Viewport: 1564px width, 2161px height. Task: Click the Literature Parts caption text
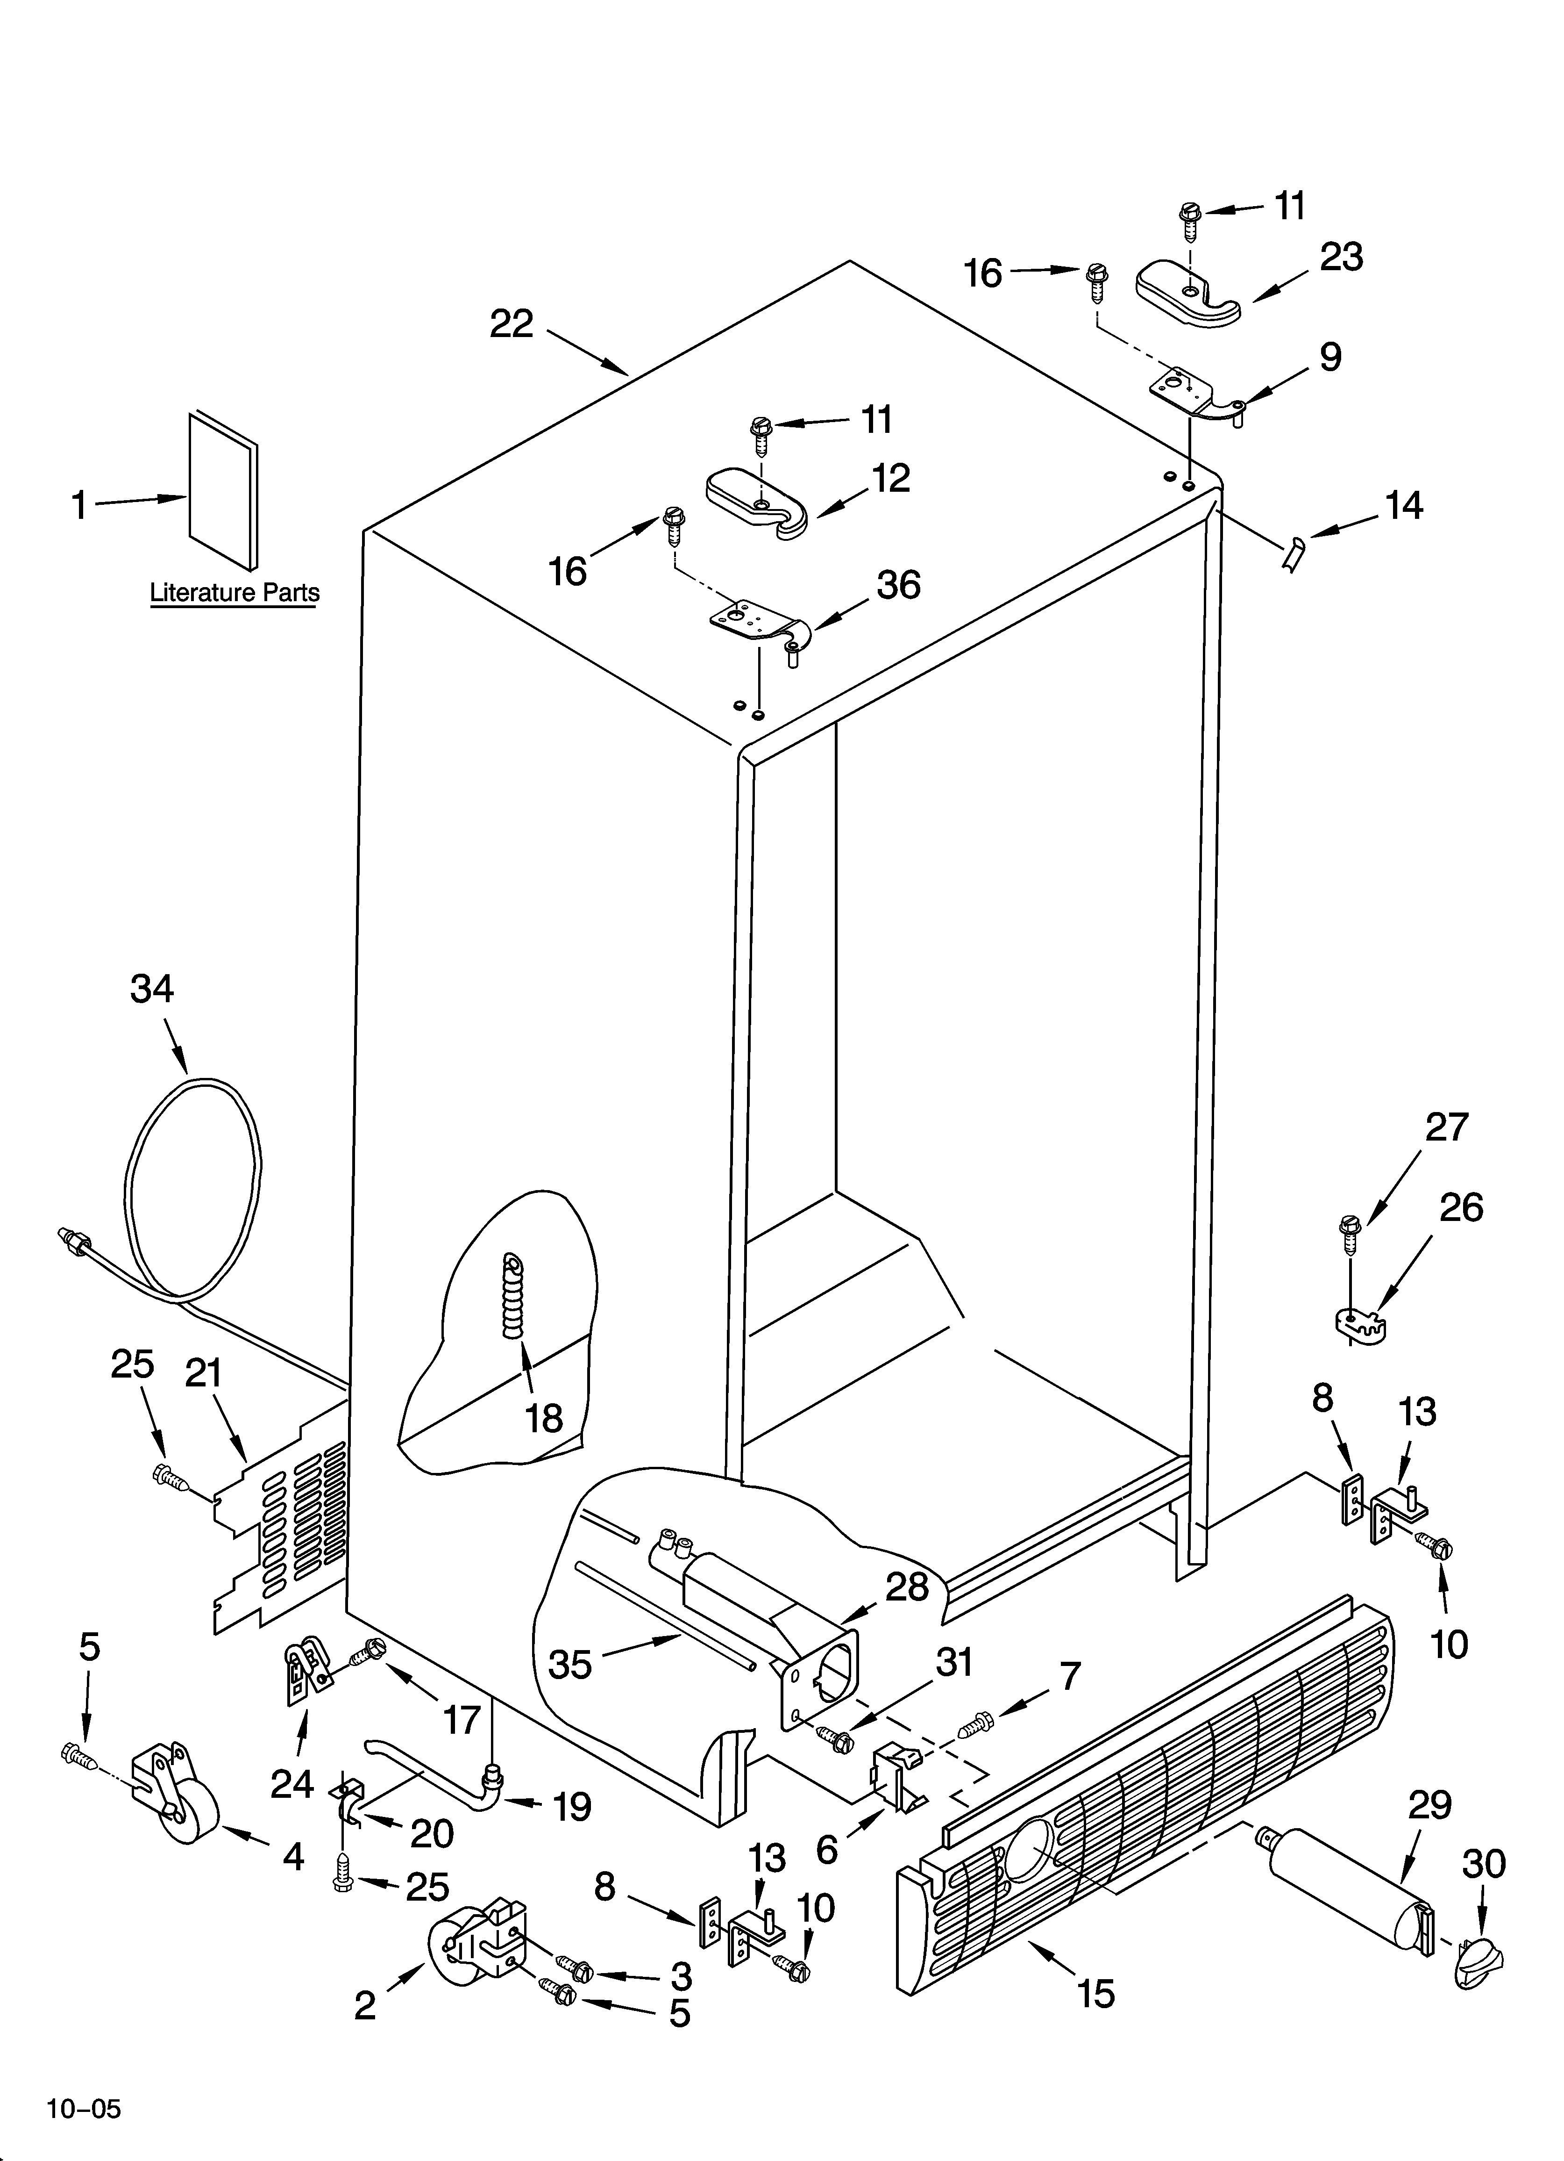(235, 593)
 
